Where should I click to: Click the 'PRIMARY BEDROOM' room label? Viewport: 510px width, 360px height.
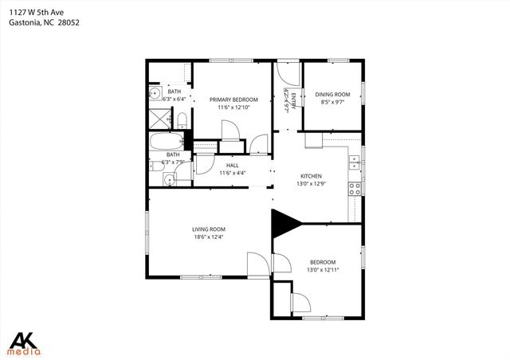pos(233,100)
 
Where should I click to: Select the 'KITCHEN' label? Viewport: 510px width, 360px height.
pos(311,176)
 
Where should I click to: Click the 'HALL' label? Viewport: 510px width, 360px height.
pos(233,165)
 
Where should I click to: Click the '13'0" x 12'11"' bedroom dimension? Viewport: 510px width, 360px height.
pos(323,270)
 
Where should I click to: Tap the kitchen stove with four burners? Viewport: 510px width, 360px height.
pos(355,189)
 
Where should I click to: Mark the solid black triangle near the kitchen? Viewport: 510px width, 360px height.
pos(284,222)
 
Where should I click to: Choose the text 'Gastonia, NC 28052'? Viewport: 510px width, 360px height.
pos(44,22)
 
